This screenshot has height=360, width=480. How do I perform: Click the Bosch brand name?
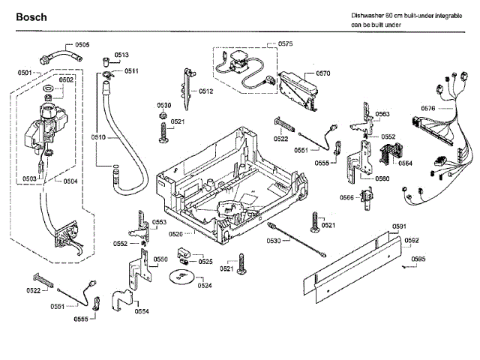[31, 16]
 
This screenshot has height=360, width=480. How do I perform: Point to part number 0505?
[82, 46]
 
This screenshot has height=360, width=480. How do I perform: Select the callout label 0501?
[24, 72]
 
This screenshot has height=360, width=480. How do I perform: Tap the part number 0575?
[285, 45]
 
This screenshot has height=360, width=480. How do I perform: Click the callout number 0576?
[428, 108]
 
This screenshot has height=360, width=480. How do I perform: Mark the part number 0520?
[176, 234]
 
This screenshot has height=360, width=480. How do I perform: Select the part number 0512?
[206, 91]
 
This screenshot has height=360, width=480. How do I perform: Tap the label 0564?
[405, 163]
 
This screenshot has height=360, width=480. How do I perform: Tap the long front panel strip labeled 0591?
[352, 259]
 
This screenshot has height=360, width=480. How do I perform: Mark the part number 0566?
[346, 197]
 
